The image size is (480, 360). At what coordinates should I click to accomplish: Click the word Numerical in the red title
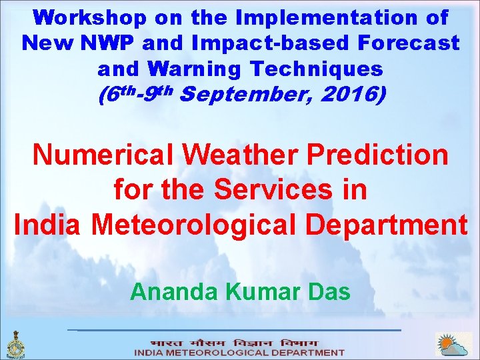[x=103, y=155]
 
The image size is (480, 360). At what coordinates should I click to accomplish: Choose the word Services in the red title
[x=273, y=190]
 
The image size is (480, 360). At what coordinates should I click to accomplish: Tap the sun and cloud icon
[x=453, y=345]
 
